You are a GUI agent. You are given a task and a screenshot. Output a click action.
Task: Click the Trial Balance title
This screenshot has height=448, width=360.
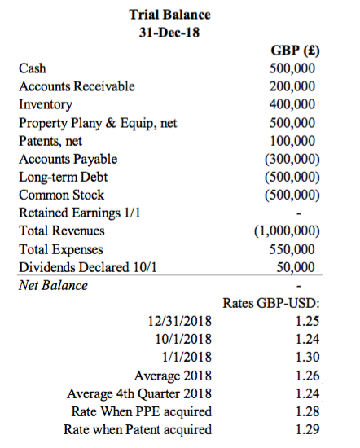click(169, 15)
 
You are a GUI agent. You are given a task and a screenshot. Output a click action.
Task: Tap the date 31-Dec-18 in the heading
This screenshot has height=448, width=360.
click(169, 33)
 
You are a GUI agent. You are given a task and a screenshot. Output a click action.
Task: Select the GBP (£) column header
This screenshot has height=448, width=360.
click(294, 51)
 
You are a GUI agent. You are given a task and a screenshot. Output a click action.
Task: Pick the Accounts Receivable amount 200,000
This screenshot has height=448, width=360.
click(292, 86)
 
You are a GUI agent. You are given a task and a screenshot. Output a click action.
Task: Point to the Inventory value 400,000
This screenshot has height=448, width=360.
click(292, 104)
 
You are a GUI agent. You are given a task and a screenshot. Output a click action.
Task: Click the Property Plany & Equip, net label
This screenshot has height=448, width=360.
click(98, 123)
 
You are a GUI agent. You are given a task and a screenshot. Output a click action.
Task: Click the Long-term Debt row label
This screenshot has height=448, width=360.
click(64, 177)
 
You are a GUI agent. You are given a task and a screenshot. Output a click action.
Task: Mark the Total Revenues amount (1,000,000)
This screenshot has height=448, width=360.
click(286, 231)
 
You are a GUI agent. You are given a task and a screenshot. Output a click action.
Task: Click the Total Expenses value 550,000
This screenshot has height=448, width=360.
click(292, 249)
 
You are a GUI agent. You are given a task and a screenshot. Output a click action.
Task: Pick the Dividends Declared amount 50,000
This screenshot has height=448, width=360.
click(296, 267)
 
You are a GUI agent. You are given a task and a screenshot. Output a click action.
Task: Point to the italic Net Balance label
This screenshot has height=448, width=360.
click(53, 286)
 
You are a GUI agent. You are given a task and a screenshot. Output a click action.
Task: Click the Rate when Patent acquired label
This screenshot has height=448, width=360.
click(138, 429)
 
